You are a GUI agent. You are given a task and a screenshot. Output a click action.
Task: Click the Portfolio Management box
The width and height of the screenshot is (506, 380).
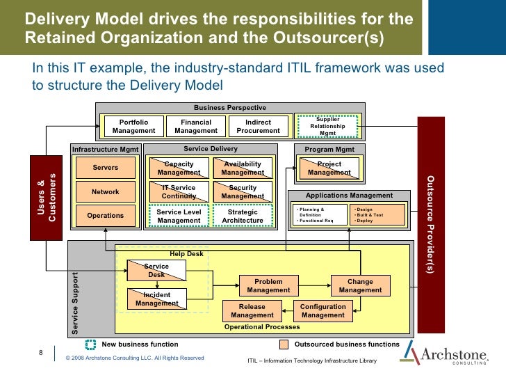[133, 126]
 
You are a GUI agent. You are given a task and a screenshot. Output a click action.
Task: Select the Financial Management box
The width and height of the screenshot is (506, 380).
[196, 126]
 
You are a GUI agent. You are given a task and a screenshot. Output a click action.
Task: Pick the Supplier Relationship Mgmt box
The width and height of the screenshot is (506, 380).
[327, 126]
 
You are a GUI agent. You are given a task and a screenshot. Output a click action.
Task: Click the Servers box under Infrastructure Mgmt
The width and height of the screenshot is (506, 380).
[106, 168]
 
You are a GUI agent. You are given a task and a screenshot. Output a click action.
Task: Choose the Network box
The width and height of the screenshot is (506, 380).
[106, 191]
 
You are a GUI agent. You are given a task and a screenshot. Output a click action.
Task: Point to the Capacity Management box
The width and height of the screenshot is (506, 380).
[179, 168]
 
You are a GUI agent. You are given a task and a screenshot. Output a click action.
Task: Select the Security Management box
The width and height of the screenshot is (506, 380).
[243, 192]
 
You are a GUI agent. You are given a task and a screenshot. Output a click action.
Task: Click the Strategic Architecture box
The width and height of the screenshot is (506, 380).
[243, 216]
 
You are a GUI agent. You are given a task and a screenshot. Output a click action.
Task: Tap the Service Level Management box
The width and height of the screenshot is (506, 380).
[179, 216]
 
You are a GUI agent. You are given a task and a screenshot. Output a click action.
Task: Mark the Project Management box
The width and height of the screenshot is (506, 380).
[329, 168]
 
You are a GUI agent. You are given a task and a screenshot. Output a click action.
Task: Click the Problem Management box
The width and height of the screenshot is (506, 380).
[268, 285]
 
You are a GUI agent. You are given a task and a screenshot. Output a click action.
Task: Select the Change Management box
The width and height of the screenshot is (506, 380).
[360, 285]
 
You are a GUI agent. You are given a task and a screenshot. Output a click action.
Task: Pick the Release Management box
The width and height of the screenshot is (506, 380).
[252, 310]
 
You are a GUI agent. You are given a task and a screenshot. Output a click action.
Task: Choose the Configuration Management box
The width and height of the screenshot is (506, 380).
[323, 310]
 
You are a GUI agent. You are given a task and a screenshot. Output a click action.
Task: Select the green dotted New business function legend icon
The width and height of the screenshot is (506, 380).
[91, 344]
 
